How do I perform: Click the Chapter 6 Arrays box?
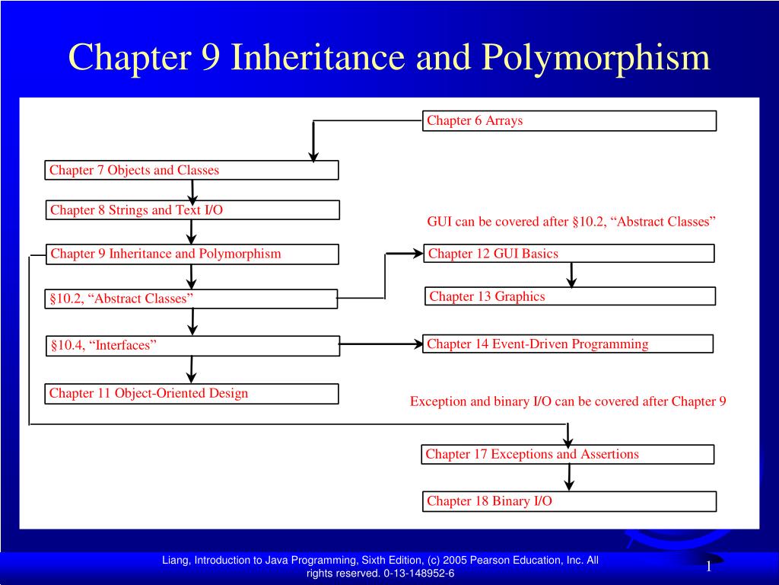[x=569, y=120]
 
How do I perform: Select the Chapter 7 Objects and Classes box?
[x=191, y=170]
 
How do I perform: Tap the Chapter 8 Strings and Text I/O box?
[x=191, y=210]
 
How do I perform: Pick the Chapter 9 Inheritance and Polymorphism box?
[x=191, y=254]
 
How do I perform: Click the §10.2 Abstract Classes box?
[x=191, y=299]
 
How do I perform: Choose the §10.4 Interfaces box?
[x=191, y=346]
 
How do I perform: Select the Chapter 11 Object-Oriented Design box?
[x=191, y=393]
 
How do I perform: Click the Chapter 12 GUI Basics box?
[x=569, y=254]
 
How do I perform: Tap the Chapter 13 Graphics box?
[x=569, y=296]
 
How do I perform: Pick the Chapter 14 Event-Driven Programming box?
[x=569, y=344]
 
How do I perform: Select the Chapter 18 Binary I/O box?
[x=569, y=500]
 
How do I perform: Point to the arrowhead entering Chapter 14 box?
[x=418, y=344]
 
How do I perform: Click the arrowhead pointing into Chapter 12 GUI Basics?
[x=418, y=253]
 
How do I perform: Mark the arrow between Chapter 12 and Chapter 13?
[x=571, y=274]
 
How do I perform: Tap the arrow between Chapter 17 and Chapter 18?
[x=568, y=477]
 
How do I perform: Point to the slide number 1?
[x=708, y=567]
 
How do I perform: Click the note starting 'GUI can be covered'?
[x=571, y=222]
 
